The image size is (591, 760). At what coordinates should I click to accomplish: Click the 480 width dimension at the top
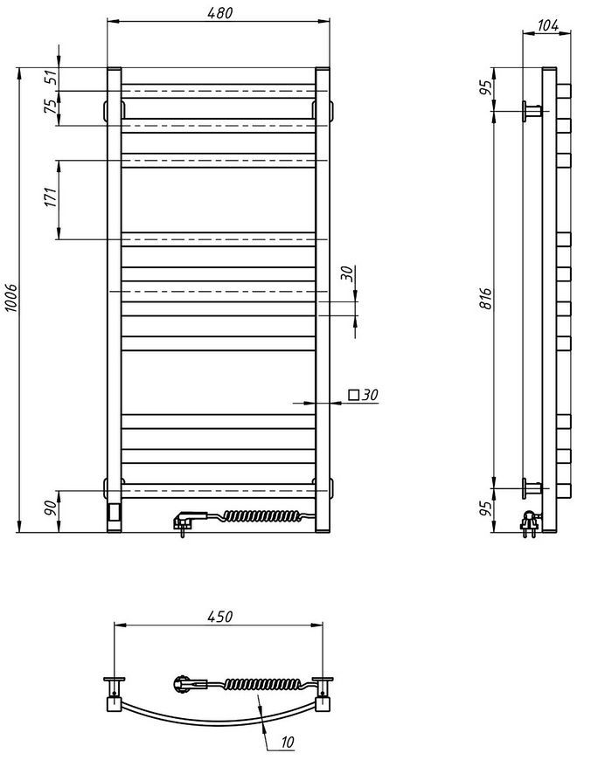coord(219,13)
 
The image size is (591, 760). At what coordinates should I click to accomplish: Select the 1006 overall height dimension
coord(10,298)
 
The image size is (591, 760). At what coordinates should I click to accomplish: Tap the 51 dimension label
coord(51,78)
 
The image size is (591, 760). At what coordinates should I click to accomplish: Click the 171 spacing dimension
coord(51,197)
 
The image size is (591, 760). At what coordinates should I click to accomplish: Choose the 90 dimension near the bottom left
coord(51,508)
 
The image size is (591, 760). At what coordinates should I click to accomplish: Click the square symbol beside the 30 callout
coord(354,395)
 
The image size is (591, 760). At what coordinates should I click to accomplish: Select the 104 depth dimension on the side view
coord(548,25)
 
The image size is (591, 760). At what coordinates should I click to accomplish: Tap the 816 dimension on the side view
coord(485,299)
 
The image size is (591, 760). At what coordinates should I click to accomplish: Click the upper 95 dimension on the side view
coord(485,86)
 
